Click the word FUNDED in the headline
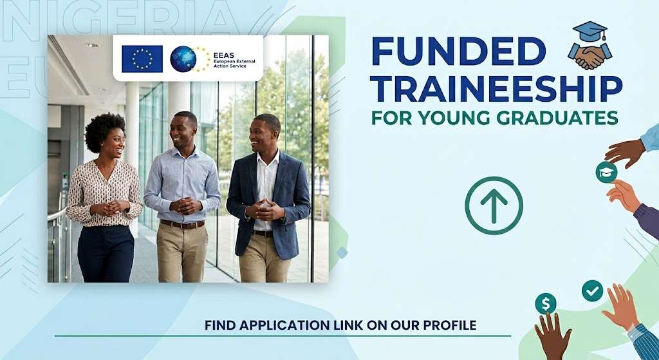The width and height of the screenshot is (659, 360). (458, 52)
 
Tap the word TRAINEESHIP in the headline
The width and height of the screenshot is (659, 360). (497, 89)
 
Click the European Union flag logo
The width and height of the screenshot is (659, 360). (142, 59)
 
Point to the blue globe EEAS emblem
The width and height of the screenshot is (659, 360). (183, 59)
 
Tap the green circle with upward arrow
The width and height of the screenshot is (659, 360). (494, 205)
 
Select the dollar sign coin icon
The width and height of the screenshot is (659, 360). (546, 303)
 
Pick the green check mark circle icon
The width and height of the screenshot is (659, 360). (592, 291)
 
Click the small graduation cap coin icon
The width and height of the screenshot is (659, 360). (606, 173)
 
